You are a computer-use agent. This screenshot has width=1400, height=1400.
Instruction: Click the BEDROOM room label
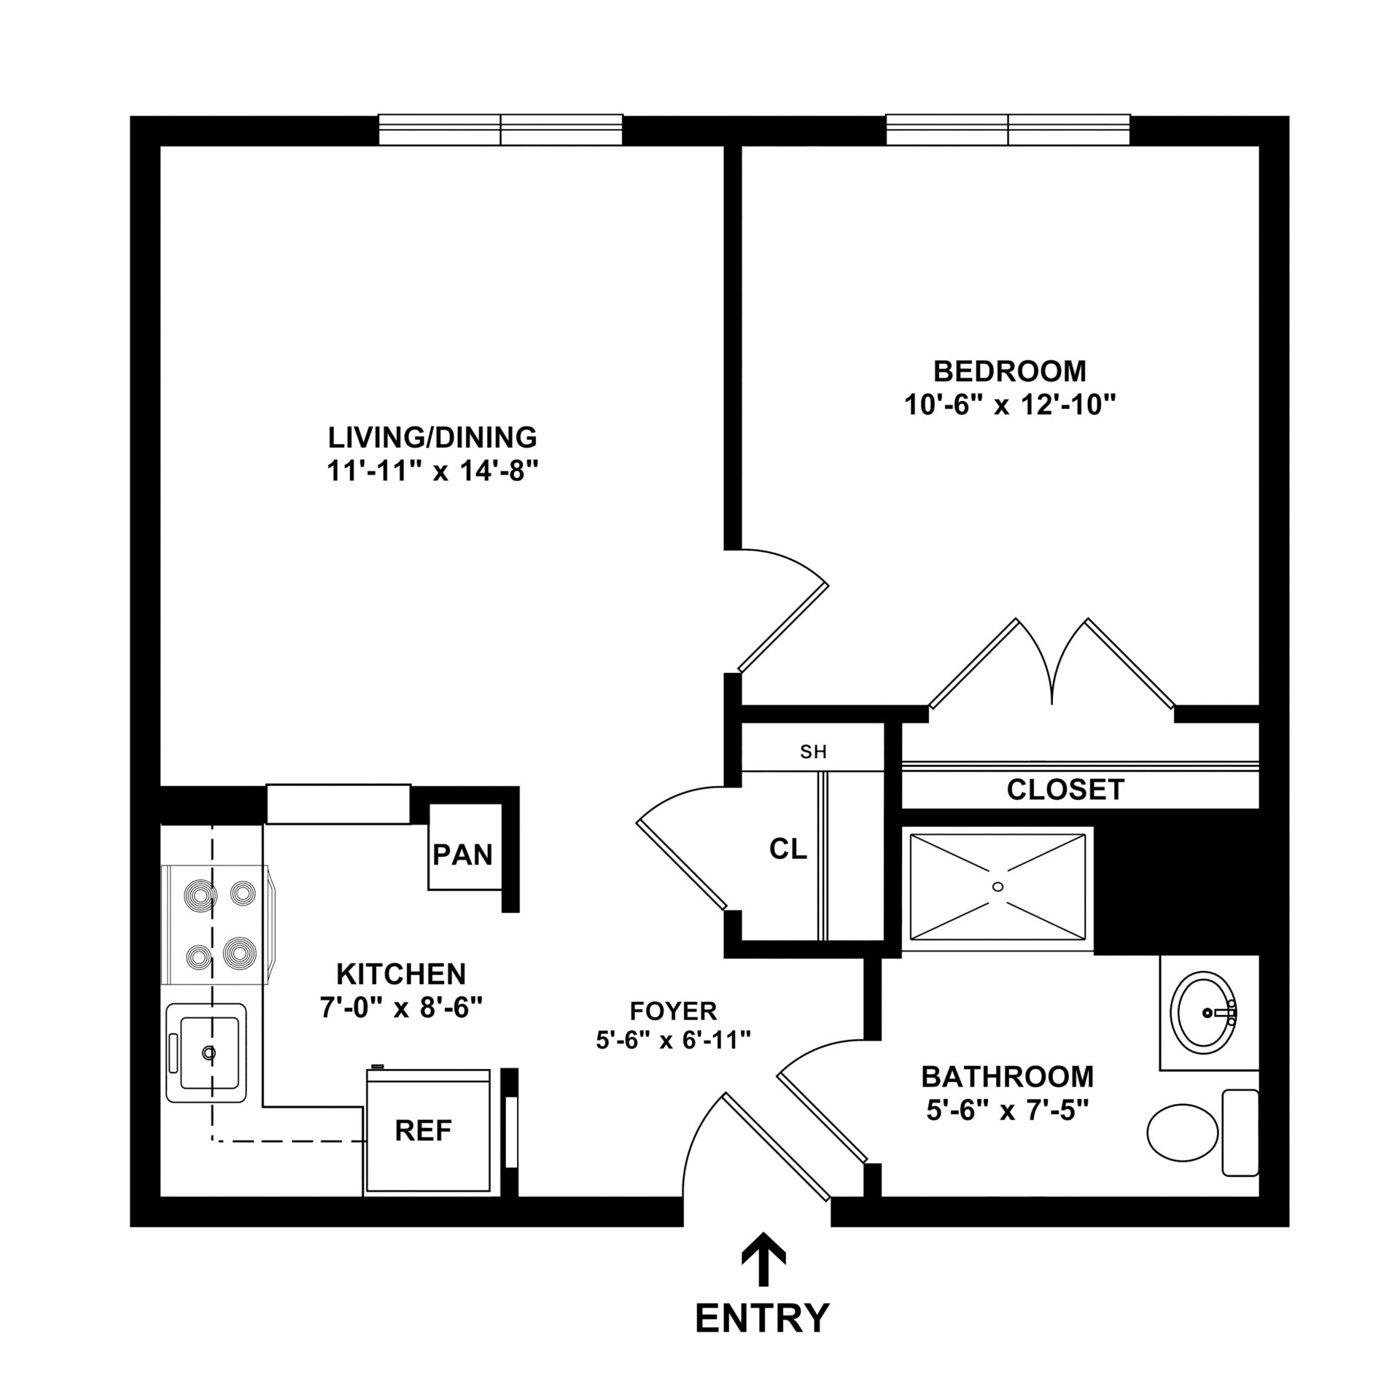click(1009, 371)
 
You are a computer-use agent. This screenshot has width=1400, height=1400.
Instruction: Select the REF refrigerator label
click(423, 1130)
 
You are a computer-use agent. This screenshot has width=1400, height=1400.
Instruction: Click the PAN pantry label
click(463, 855)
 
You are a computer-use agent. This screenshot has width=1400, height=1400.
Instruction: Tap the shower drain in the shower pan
click(997, 887)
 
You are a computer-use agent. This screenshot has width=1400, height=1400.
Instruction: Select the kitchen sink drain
click(210, 1052)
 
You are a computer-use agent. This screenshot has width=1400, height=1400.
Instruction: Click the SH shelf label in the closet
click(813, 752)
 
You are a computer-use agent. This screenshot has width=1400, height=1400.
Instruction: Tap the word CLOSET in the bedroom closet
click(1065, 789)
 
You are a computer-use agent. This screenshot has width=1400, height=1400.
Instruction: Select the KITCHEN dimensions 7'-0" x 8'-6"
click(401, 1008)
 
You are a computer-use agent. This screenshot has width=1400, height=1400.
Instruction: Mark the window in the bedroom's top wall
click(1008, 131)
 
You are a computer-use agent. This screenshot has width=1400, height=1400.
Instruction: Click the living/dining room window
click(500, 131)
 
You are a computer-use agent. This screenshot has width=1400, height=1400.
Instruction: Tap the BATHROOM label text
click(1007, 1076)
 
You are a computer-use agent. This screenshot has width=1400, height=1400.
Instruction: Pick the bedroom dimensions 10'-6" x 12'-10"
click(1011, 405)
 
